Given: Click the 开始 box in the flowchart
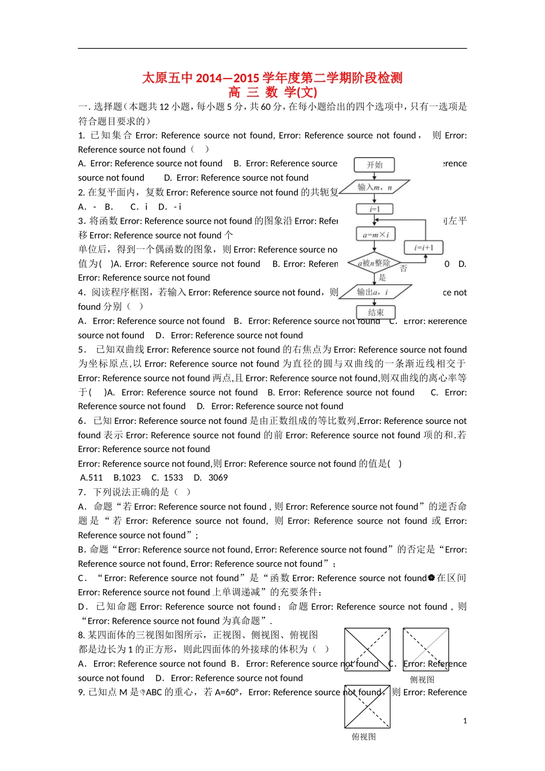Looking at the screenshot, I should point(375,165).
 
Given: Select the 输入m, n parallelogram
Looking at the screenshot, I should point(375,187).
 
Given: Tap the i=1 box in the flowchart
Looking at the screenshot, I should point(375,209).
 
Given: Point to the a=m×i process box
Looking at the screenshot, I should point(375,235).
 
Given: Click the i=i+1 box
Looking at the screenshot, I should point(424,248).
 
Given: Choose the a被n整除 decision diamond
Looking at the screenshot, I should point(374,263).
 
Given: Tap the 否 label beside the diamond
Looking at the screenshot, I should point(403,268).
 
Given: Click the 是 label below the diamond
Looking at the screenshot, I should point(382,278).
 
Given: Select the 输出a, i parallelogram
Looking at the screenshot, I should point(373,292).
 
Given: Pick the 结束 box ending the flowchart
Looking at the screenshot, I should point(375,312).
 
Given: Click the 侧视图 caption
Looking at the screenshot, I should point(422,679).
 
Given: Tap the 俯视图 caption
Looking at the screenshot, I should point(364,737).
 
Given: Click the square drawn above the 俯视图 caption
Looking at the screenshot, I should point(367,707).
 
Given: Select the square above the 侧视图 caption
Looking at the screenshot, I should point(426,649).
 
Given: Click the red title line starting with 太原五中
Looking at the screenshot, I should point(272,78).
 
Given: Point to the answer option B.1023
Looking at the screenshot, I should point(127,478).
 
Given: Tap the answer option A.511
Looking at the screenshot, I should point(91,478).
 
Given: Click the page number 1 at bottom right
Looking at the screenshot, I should point(465,721).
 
